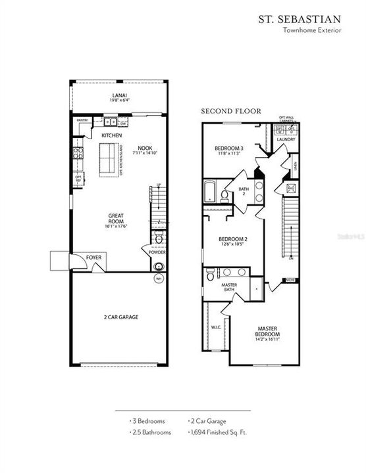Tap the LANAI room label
[119, 97]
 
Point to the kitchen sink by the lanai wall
[109, 122]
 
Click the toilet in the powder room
[159, 238]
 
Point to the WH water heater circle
[159, 279]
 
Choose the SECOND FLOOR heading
[222, 111]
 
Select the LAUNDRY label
[285, 140]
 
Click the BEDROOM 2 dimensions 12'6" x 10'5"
[232, 244]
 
